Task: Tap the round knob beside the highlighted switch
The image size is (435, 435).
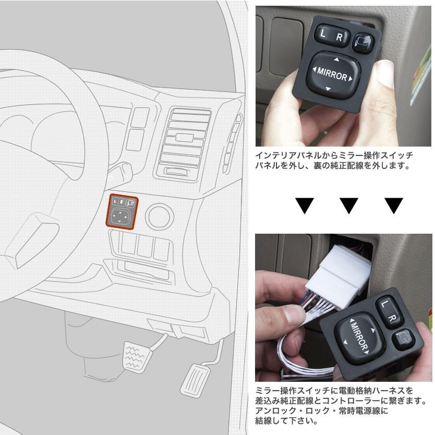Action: [159, 216]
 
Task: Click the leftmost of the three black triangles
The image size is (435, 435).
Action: [306, 205]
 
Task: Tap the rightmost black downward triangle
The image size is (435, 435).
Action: [394, 205]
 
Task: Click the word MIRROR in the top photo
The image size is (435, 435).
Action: [331, 76]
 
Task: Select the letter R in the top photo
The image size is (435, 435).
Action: [339, 38]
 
